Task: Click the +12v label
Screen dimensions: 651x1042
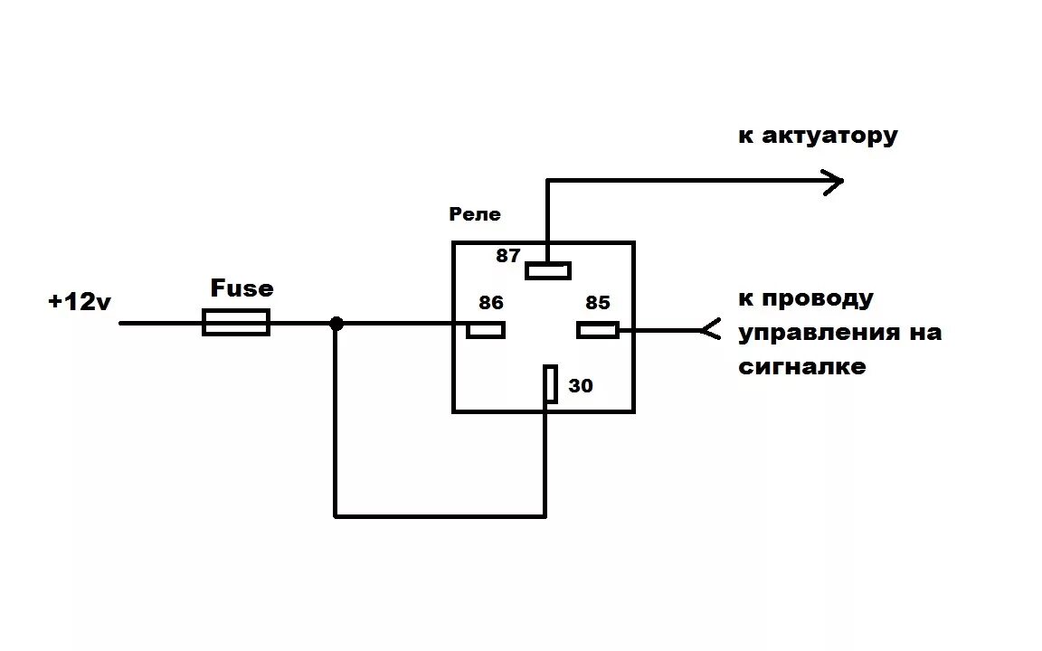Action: point(80,302)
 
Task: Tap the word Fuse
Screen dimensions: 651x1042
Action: point(242,288)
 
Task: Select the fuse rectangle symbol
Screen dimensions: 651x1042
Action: point(236,323)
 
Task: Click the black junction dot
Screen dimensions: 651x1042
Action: point(336,323)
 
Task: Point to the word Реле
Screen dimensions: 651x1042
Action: point(475,214)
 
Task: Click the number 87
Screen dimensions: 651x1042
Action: point(508,256)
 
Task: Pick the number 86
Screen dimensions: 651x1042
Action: point(491,303)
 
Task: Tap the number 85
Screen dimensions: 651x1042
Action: point(598,303)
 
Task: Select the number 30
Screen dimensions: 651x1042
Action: point(581,386)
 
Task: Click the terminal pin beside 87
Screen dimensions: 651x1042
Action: point(548,270)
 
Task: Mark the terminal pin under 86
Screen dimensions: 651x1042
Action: point(486,330)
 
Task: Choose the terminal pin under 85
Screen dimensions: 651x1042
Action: point(598,330)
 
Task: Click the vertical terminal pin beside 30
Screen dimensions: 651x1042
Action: point(550,384)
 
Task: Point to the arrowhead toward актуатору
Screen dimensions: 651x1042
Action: point(832,181)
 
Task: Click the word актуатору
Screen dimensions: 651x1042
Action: point(829,137)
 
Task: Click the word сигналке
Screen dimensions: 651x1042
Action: point(802,366)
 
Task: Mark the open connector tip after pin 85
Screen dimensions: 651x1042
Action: point(710,331)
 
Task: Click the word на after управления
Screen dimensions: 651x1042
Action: point(921,333)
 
